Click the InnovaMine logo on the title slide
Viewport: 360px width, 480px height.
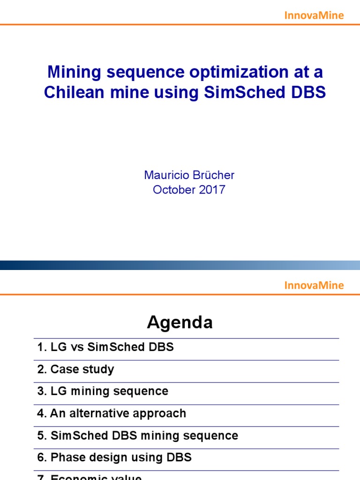click(314, 15)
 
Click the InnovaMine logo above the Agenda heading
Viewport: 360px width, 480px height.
click(314, 285)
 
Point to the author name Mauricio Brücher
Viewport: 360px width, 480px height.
click(189, 175)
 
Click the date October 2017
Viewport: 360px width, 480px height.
click(189, 190)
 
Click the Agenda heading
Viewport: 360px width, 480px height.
click(180, 322)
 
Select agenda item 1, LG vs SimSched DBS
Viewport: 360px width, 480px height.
click(105, 347)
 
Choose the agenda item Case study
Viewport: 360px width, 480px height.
click(75, 369)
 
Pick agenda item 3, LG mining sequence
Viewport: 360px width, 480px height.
click(103, 391)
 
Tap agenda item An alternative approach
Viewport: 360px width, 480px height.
click(112, 413)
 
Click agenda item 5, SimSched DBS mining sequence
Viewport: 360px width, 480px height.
click(137, 435)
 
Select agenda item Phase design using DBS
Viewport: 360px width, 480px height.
click(114, 457)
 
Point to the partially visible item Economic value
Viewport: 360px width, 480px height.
click(96, 477)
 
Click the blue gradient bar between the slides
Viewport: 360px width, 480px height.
click(180, 265)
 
